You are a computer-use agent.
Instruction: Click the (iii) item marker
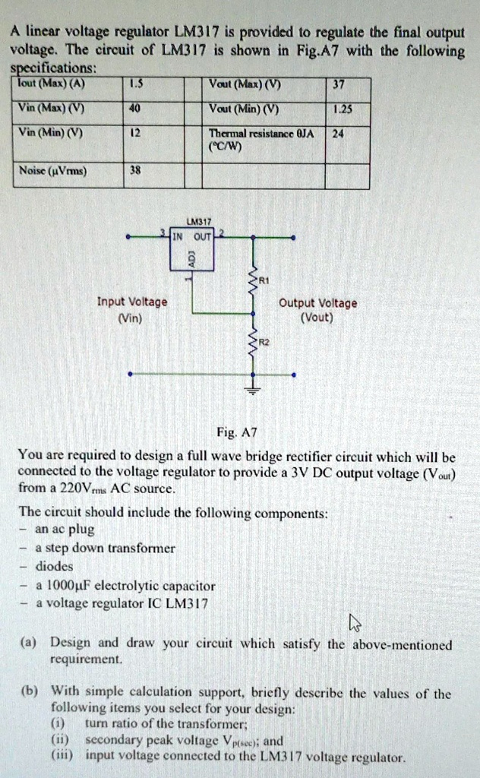coord(62,756)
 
